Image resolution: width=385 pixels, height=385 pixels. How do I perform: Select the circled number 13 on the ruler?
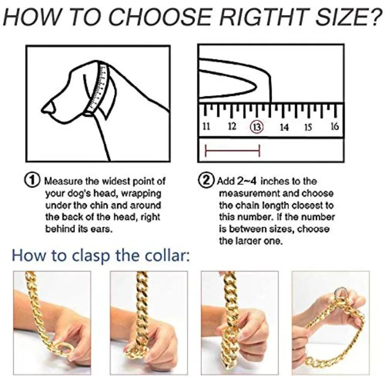coord(257,127)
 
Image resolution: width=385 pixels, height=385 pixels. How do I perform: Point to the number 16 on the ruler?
coord(334,126)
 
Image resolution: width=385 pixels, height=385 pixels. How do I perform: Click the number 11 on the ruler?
coord(206,127)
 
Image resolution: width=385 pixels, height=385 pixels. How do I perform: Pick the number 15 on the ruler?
coord(308,127)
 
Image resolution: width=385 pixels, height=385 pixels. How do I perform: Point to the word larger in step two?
coord(257,241)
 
